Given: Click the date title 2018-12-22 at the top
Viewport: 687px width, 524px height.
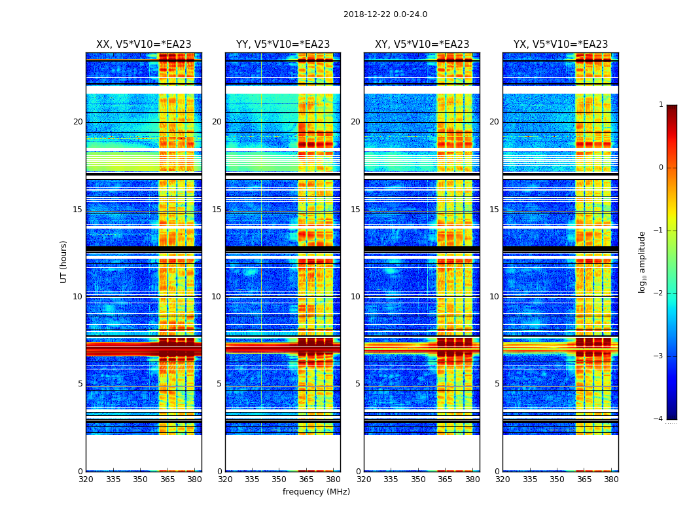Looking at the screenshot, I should coord(385,14).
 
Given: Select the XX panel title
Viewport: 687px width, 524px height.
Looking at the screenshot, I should coord(143,45).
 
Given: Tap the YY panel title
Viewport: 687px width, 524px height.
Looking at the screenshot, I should coord(283,45).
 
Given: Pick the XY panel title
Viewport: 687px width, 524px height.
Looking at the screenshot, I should coord(421,45).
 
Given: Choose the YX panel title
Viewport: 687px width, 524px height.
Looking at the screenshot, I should coord(560,45).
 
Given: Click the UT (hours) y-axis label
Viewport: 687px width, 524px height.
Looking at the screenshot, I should coord(63,261).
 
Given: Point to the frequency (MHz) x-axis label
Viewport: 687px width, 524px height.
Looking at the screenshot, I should coord(316,492).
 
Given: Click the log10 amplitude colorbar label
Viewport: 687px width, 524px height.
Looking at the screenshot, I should coord(643,261).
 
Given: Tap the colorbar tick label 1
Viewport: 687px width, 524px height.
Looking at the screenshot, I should coord(661,105).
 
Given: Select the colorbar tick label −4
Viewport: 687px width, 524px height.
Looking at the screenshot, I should coord(659,419).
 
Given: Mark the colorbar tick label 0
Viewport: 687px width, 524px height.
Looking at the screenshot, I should coord(661,168).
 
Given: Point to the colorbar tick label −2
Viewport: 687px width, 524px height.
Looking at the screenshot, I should coord(659,293).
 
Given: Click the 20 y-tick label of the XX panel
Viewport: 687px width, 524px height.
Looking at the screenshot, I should coord(78,122).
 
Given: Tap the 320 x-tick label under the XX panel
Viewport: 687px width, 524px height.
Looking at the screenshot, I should coord(86,479).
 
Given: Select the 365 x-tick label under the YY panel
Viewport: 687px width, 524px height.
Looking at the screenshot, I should coord(306,479).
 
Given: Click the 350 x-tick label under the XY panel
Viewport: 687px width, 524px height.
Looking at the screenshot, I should coord(418,479).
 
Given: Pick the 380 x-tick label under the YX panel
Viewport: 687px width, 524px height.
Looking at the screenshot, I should coord(611,479).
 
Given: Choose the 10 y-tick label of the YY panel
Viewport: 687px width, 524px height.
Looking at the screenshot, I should coord(217,297).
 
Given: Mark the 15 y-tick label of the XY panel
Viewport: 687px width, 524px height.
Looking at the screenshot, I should coord(355,210).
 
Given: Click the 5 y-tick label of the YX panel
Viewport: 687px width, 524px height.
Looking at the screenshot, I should coord(497,384).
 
